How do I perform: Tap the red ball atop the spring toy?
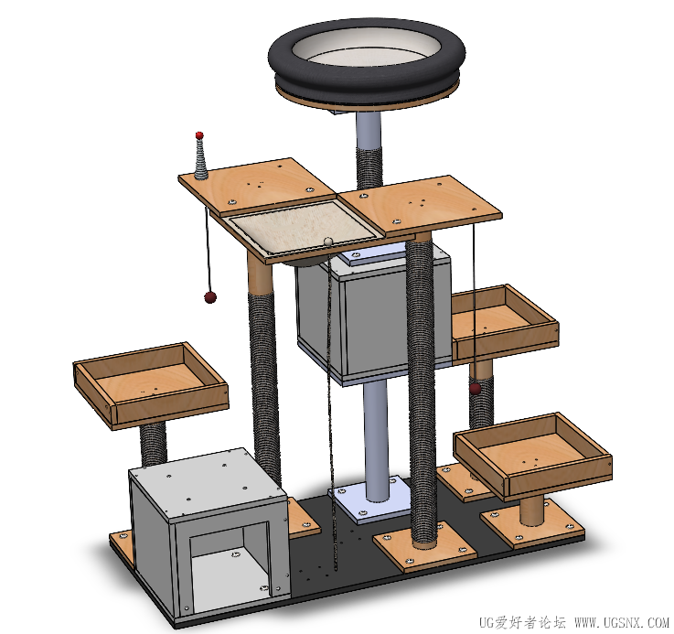199,135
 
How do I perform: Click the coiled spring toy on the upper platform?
201,159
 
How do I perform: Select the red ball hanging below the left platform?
210,297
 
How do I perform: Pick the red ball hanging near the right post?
475,389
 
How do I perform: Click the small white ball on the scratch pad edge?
328,242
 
